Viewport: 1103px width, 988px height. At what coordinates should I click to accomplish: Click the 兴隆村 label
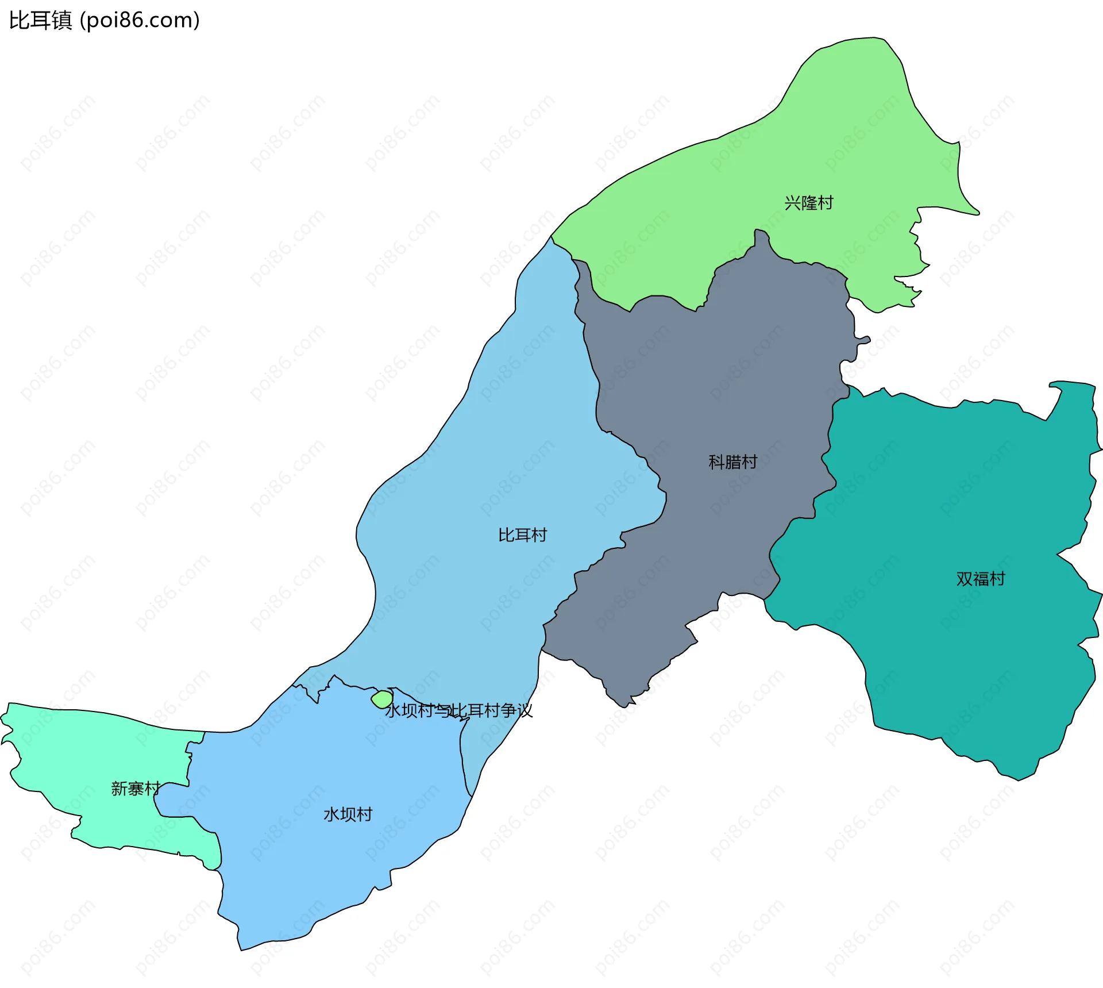click(x=808, y=203)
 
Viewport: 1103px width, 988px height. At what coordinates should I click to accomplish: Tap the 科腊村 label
click(x=732, y=462)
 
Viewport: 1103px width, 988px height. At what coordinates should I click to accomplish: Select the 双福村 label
click(x=981, y=579)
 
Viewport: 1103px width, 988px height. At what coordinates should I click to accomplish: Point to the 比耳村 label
click(x=522, y=535)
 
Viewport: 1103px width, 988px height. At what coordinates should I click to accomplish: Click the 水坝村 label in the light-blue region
click(x=348, y=814)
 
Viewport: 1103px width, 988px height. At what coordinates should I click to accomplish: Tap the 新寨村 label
click(x=136, y=789)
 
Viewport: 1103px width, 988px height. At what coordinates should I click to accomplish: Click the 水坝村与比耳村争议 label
click(x=458, y=711)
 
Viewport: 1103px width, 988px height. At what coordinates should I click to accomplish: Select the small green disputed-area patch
click(x=383, y=699)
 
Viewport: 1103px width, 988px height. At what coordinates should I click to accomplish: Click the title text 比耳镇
click(x=40, y=20)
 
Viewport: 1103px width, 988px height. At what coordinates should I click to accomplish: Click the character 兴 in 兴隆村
click(x=792, y=203)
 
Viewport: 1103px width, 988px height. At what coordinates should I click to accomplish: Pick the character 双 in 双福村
click(x=965, y=579)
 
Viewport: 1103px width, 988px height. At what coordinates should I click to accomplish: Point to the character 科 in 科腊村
click(x=716, y=462)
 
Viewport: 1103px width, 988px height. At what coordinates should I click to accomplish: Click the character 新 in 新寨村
click(x=119, y=789)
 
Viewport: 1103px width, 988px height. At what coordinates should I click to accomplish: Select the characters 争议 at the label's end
click(x=516, y=711)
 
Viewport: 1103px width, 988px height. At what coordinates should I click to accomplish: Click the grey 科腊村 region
click(x=718, y=374)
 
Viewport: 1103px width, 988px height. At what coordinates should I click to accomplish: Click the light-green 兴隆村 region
click(x=833, y=144)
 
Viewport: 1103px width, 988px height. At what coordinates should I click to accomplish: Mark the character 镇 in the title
click(x=61, y=20)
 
